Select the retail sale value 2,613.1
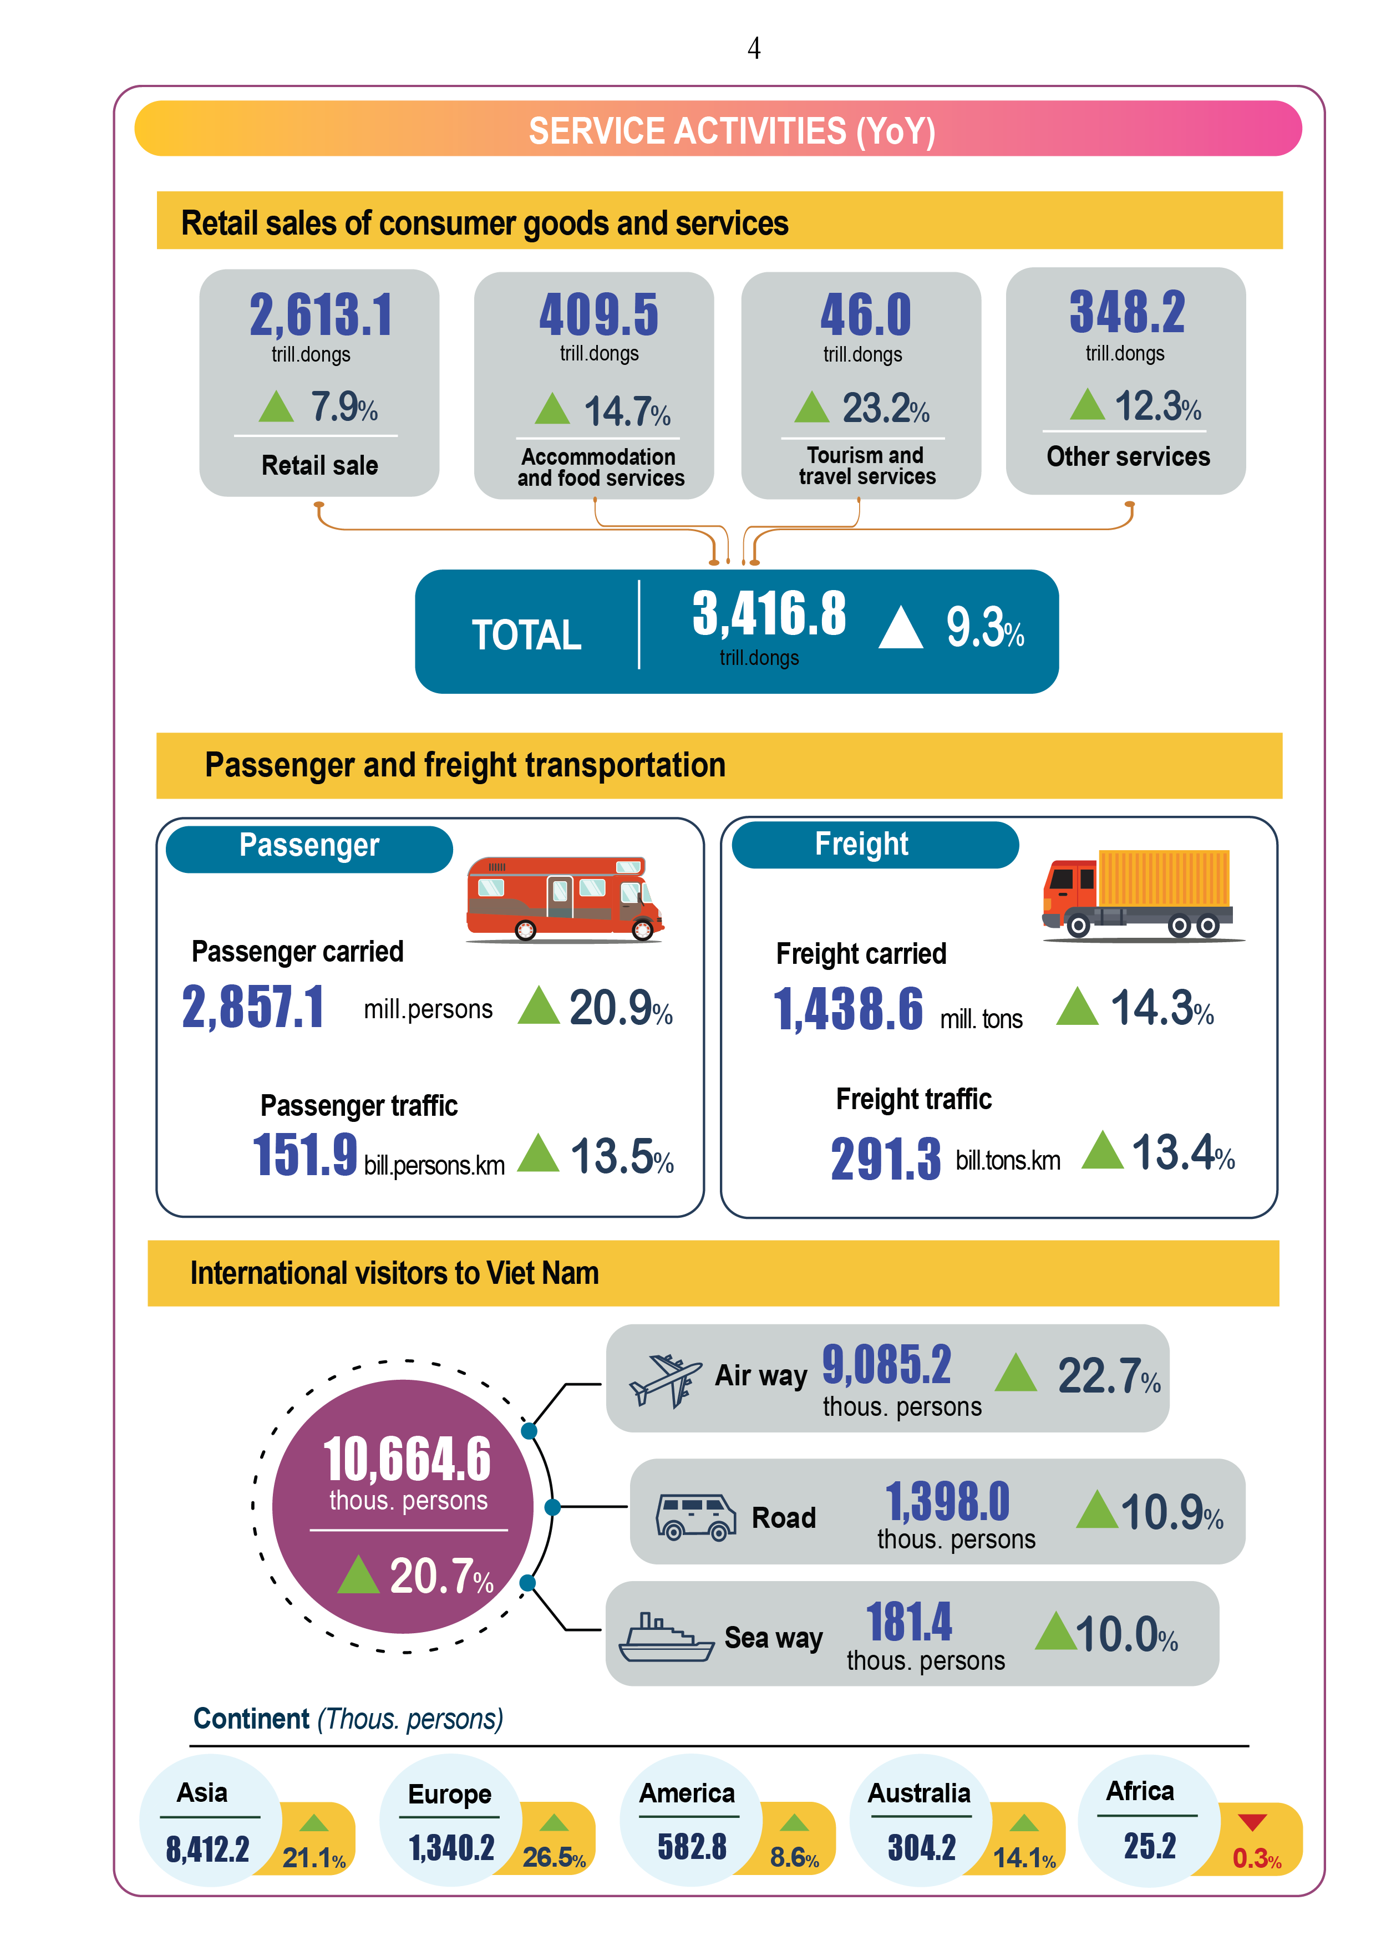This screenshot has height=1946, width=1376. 321,316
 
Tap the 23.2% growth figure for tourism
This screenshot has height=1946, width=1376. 884,409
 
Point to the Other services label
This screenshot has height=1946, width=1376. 1128,457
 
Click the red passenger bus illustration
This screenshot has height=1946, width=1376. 564,898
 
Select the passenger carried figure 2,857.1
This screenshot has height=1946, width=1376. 253,1007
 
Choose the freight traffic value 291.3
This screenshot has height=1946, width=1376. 885,1159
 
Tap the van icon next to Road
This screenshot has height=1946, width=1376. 695,1516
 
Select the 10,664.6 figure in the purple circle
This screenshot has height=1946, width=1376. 407,1459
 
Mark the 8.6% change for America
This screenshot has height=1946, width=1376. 794,1857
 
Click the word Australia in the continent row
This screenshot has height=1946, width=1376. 918,1793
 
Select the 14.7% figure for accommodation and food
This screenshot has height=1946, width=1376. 627,412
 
